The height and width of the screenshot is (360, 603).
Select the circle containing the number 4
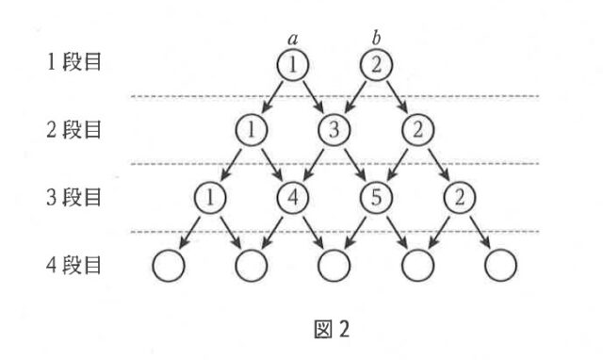click(x=293, y=199)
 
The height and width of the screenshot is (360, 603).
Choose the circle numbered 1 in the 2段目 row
click(x=252, y=130)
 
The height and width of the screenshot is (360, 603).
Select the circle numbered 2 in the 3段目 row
click(x=459, y=199)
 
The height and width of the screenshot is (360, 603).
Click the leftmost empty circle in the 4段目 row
click(x=167, y=267)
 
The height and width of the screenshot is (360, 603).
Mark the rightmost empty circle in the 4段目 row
click(x=500, y=267)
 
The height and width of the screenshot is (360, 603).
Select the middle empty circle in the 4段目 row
click(x=334, y=267)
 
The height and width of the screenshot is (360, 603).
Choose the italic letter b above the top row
click(x=376, y=39)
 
